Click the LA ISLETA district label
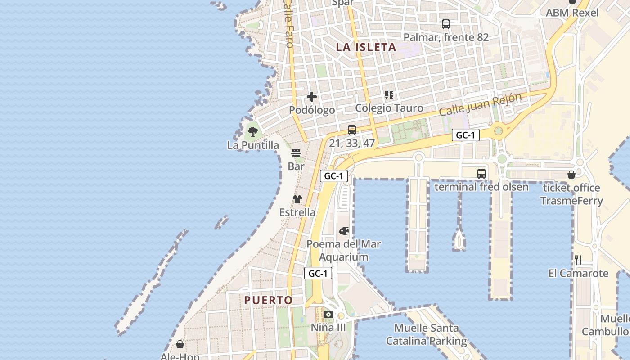click(366, 47)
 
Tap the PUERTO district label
click(268, 300)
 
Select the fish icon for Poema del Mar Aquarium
click(344, 231)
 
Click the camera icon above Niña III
click(328, 314)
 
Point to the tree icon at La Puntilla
click(253, 132)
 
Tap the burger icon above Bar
click(296, 153)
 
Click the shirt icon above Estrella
click(297, 199)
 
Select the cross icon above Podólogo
click(311, 97)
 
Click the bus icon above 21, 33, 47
click(352, 130)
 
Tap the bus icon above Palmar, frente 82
click(445, 24)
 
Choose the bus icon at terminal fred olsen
click(481, 173)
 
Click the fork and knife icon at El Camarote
click(578, 260)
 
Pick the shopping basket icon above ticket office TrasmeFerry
click(571, 175)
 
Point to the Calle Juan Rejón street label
click(480, 104)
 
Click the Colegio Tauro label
click(389, 108)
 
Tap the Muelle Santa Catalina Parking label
click(426, 334)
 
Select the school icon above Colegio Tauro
click(389, 95)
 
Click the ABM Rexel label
click(572, 13)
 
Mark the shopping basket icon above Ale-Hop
click(180, 344)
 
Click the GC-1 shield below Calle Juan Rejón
click(465, 135)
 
